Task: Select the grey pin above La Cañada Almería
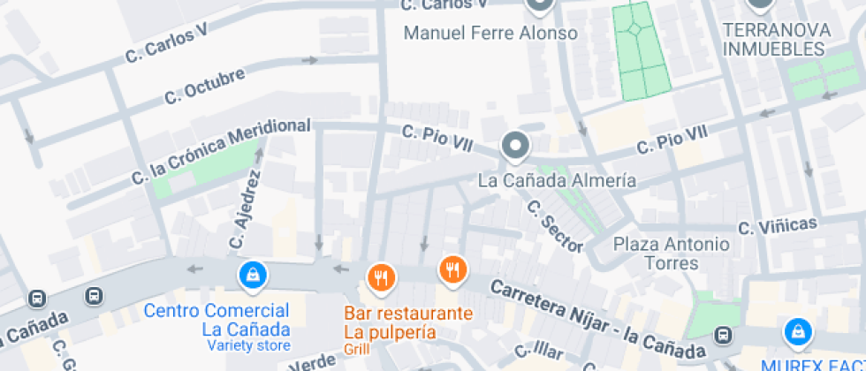514,146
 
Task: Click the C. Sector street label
554,225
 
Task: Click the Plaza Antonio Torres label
672,253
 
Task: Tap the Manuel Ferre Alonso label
490,34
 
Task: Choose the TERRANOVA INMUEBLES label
777,39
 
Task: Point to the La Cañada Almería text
556,181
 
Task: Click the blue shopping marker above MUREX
798,332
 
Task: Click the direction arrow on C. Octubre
309,60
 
